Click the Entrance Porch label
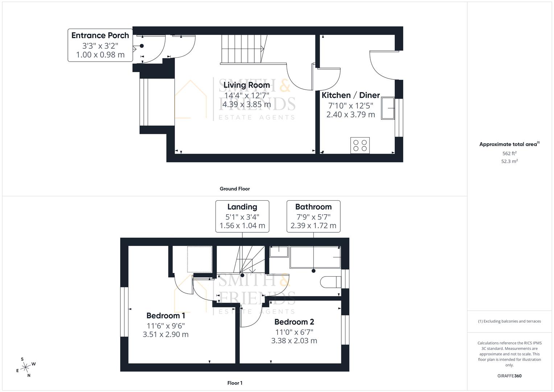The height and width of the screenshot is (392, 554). [x=100, y=36]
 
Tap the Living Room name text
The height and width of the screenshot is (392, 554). [x=246, y=85]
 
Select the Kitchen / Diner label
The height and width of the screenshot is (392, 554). [x=350, y=95]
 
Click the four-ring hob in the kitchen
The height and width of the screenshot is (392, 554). [x=360, y=146]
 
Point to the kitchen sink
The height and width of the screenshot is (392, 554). [x=387, y=108]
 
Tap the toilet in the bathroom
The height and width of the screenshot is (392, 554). [x=331, y=282]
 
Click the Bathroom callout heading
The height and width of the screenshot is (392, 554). [x=313, y=207]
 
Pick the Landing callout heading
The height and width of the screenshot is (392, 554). [x=242, y=207]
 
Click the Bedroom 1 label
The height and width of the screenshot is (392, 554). [x=165, y=316]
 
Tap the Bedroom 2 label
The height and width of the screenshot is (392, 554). [x=294, y=322]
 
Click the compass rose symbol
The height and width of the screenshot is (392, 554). [x=25, y=367]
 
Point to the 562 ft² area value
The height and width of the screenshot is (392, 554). [x=509, y=154]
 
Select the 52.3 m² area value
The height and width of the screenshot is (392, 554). [x=509, y=162]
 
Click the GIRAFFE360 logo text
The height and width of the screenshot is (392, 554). [x=509, y=376]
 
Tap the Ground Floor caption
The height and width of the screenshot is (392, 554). [x=234, y=189]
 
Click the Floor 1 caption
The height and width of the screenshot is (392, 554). [x=234, y=383]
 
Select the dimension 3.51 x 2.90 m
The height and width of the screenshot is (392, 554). [x=165, y=335]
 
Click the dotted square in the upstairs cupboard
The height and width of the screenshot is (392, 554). [x=200, y=259]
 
